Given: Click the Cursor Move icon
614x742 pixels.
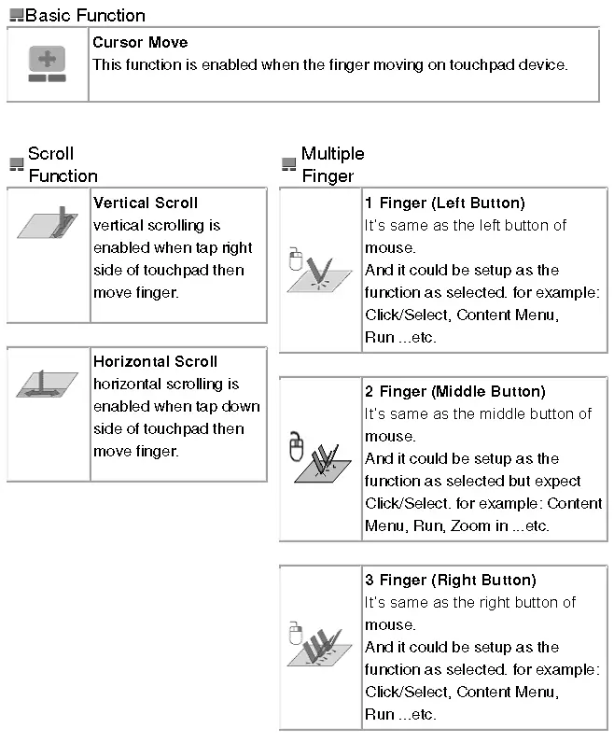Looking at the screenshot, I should click(47, 64).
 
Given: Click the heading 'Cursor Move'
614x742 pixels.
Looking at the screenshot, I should click(140, 43).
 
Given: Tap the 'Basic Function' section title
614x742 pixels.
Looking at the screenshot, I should click(85, 16).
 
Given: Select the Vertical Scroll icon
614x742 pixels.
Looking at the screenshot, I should click(49, 224).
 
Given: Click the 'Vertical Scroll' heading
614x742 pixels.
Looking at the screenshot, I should click(146, 203).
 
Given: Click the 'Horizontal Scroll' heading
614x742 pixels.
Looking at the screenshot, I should click(155, 361).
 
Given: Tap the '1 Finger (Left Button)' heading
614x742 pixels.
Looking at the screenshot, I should click(444, 203).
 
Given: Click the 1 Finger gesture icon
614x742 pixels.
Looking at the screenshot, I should click(318, 271).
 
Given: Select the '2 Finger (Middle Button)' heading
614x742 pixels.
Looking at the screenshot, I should click(454, 392).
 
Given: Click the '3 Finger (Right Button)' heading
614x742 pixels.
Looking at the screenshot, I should click(450, 581).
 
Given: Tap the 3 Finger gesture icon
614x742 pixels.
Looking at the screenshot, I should click(318, 646).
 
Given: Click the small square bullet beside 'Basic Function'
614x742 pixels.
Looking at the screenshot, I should click(16, 16).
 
